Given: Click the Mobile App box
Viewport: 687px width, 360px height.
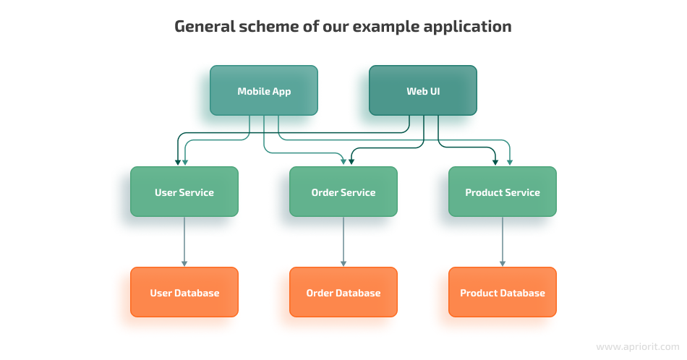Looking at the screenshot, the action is coord(264,90).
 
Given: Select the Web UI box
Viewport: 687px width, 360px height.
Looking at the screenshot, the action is coord(423,90).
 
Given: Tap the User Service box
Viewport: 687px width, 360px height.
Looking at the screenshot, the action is coord(184,192).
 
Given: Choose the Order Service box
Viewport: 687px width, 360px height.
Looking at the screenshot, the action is coord(343,192).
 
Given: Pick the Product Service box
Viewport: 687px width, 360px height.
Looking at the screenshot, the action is coord(503,192).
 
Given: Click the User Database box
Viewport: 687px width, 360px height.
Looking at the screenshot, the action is coord(184,292).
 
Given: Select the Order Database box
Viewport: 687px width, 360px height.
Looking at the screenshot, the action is coord(343,292).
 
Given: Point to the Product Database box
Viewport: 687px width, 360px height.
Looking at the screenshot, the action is coord(503,292).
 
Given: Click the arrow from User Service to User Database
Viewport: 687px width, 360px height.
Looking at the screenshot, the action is coord(184,241).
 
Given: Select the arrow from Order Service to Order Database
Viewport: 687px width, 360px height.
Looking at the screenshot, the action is coord(343,241).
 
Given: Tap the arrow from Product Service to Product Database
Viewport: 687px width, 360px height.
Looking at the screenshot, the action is coord(503,241).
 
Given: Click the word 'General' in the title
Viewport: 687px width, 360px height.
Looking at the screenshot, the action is coord(205,26).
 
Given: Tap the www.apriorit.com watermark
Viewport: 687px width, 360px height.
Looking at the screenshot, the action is coord(638,347).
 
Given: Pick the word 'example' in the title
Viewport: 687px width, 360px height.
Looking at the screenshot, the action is coord(386,27).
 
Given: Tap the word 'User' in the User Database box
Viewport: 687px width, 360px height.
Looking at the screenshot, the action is coord(161,293).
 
